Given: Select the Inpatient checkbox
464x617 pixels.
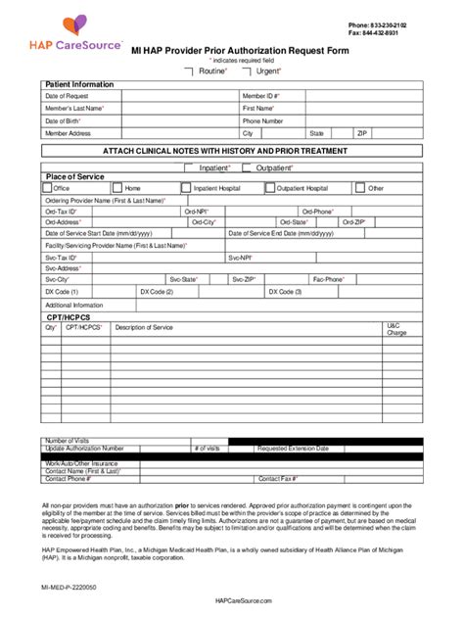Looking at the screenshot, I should click(192, 167).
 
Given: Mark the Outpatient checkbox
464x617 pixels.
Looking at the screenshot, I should click(249, 167).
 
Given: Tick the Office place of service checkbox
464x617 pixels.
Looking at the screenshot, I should click(47, 187).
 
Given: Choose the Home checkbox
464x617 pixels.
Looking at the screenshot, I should click(117, 187).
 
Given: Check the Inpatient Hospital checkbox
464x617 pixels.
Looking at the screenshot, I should click(186, 187).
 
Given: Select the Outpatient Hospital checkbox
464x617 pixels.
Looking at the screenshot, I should click(271, 187).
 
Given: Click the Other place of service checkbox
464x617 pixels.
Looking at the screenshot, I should click(360, 187).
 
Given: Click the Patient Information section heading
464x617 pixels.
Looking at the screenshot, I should click(80, 84).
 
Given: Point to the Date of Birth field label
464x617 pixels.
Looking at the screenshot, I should click(64, 120).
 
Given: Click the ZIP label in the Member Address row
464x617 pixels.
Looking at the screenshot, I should click(362, 132).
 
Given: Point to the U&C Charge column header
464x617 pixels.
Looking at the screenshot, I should click(396, 329).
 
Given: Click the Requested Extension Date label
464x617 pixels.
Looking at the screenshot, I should click(293, 448).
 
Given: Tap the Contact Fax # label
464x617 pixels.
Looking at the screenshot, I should click(277, 479).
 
